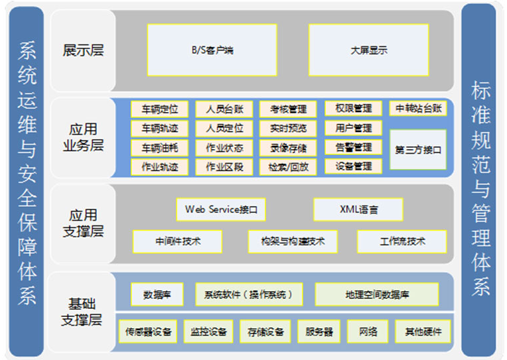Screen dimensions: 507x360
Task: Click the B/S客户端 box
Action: click(x=212, y=50)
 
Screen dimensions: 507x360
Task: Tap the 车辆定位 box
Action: click(x=159, y=109)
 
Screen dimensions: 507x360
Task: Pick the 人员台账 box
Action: click(x=224, y=109)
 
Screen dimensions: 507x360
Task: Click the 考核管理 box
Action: click(x=288, y=109)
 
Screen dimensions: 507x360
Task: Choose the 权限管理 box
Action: click(x=354, y=108)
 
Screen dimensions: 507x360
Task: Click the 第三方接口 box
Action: click(x=417, y=149)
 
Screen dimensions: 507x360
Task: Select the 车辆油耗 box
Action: click(x=159, y=147)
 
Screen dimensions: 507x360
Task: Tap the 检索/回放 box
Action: click(x=288, y=166)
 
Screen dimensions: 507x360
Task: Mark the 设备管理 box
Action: click(x=354, y=166)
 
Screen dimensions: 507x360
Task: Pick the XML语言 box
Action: click(x=358, y=209)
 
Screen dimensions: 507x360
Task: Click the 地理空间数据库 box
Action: click(x=377, y=294)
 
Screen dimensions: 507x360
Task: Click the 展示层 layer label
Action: click(x=83, y=50)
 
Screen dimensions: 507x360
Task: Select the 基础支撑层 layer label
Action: click(x=83, y=312)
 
